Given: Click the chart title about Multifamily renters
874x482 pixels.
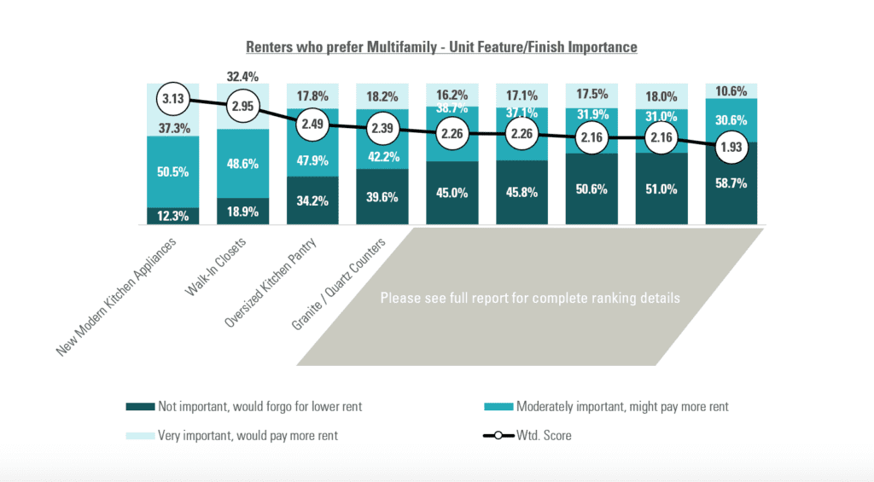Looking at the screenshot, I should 441,47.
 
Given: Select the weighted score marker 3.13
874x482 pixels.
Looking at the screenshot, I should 173,98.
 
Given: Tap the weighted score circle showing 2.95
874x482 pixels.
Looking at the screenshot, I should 242,107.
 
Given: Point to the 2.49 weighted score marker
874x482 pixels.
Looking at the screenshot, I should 312,125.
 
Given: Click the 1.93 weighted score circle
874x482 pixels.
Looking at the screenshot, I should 731,147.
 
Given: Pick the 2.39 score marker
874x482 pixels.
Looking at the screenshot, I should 382,129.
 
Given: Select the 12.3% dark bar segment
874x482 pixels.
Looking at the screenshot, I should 173,216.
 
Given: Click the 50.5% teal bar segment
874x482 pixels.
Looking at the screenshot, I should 173,171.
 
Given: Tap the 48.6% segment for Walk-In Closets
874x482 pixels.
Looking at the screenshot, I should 242,163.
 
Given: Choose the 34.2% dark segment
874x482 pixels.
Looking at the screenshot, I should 312,200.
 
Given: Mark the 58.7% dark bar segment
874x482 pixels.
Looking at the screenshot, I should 731,183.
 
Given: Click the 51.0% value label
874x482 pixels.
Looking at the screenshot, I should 661,191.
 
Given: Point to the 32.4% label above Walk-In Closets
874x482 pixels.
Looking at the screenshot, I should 242,74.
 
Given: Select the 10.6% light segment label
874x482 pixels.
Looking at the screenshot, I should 731,91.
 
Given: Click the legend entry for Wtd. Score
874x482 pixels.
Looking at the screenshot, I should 527,435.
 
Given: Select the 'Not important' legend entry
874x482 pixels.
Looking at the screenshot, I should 247,407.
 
